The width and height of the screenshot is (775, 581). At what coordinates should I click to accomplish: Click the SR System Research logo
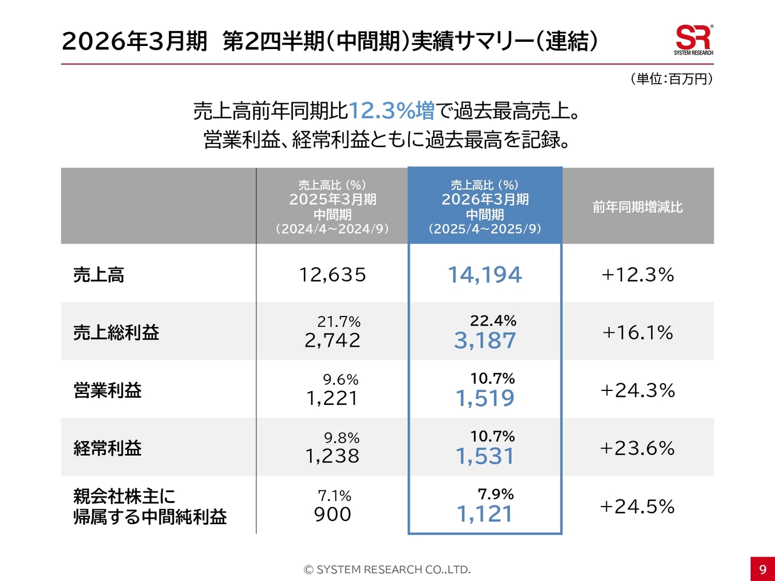coord(694,39)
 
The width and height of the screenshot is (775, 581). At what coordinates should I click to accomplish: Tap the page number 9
coord(762,569)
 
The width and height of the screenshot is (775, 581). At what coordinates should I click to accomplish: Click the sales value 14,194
coord(484,275)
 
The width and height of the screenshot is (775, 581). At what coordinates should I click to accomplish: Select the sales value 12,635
coord(332,275)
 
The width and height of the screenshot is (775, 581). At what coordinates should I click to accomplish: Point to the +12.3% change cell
coord(638,275)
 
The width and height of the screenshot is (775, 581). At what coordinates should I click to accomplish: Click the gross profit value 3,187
coord(485,341)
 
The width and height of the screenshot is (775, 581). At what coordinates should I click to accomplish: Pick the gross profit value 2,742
coord(332,341)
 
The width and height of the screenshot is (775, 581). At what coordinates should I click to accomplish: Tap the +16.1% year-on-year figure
coord(638,333)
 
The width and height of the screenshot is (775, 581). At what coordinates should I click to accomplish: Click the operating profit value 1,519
coord(485,398)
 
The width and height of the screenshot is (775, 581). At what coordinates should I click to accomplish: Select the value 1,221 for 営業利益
coord(332,398)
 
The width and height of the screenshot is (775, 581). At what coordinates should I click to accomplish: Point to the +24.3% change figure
coord(638,390)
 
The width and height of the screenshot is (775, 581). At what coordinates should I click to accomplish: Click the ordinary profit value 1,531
coord(485,456)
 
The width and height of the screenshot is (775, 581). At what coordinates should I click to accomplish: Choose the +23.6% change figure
coord(638,448)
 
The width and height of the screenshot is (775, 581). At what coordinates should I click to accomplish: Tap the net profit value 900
coord(332,514)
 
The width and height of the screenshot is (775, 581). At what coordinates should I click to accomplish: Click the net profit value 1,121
coord(485,514)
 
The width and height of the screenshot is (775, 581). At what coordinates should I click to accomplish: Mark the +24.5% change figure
coord(638,507)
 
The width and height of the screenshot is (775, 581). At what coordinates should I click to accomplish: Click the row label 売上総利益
coord(116,333)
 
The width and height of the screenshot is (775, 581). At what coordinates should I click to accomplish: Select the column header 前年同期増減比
coord(638,207)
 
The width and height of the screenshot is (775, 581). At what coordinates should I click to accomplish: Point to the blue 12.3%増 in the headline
coord(392,111)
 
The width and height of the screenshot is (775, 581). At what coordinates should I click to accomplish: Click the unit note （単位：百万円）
coord(671,79)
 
